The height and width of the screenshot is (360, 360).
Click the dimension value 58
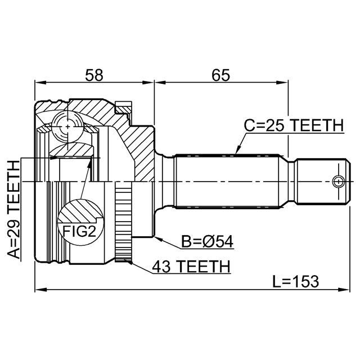94,75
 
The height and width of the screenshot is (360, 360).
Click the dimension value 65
220,75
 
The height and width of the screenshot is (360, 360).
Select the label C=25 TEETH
294,126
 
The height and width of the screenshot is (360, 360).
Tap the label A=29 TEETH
13,210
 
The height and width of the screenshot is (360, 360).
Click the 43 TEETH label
191,267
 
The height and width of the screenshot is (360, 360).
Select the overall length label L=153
296,281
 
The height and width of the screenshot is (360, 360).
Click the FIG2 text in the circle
79,231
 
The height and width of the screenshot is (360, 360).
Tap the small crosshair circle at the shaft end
339,182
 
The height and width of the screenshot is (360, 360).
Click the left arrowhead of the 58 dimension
40,83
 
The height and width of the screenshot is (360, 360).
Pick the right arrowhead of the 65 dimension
282,83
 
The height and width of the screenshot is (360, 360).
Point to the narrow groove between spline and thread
291,181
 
